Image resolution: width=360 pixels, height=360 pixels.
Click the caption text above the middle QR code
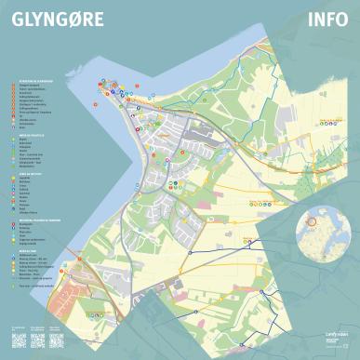(38, 327)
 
